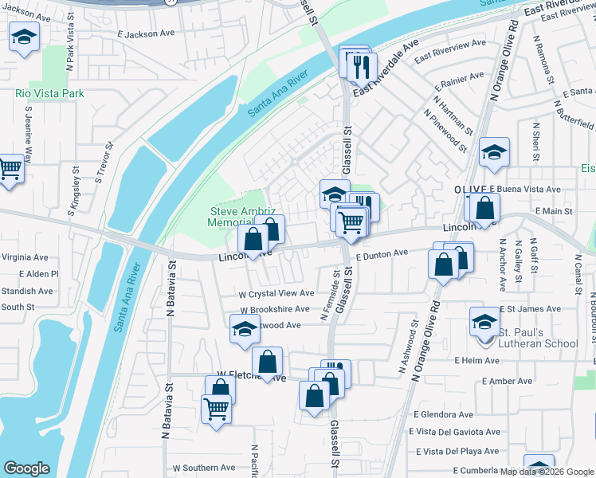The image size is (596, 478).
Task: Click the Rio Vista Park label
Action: pyautogui.click(x=49, y=93)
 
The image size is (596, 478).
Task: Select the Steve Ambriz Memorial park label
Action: pyautogui.click(x=243, y=217)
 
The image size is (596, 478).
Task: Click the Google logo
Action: pyautogui.click(x=26, y=468)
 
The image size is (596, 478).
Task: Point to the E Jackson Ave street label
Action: pyautogui.click(x=145, y=34)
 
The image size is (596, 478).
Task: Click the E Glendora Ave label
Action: pyautogui.click(x=443, y=414)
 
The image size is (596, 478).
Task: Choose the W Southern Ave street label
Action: pyautogui.click(x=203, y=468)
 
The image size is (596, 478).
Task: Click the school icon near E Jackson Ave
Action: pyautogui.click(x=25, y=37)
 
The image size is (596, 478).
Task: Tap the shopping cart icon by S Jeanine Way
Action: pyautogui.click(x=9, y=168)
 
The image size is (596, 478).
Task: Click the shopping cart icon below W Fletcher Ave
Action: pyautogui.click(x=217, y=409)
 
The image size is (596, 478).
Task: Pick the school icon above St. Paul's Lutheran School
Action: pyautogui.click(x=484, y=322)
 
